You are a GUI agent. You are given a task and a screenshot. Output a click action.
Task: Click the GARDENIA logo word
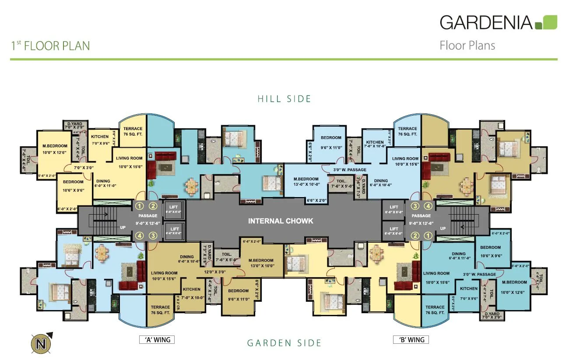pos(486,22)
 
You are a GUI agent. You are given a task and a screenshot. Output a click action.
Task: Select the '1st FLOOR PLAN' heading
pos(50,46)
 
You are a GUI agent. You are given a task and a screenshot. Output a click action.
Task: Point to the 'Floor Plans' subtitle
pos(467,46)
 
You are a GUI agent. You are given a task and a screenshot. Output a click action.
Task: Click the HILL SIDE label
pos(285,99)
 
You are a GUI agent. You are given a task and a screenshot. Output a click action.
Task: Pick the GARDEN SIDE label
pos(285,343)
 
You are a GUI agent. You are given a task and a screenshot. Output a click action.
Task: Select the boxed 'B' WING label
pos(411,339)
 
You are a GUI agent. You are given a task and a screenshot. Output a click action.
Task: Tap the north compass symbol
pos(42,343)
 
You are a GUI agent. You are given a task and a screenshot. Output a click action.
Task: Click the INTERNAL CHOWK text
pos(281,221)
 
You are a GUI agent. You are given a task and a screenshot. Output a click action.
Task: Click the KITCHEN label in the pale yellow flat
pos(100,137)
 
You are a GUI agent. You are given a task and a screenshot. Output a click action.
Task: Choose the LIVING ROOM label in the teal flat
pos(436,273)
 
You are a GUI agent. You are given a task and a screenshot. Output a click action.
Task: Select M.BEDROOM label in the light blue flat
pos(306,179)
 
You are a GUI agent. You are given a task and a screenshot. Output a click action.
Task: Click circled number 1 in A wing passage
pos(140,206)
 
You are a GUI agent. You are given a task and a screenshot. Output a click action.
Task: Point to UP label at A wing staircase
pos(123,228)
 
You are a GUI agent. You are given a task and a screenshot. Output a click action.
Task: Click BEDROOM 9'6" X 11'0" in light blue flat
pos(330,138)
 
